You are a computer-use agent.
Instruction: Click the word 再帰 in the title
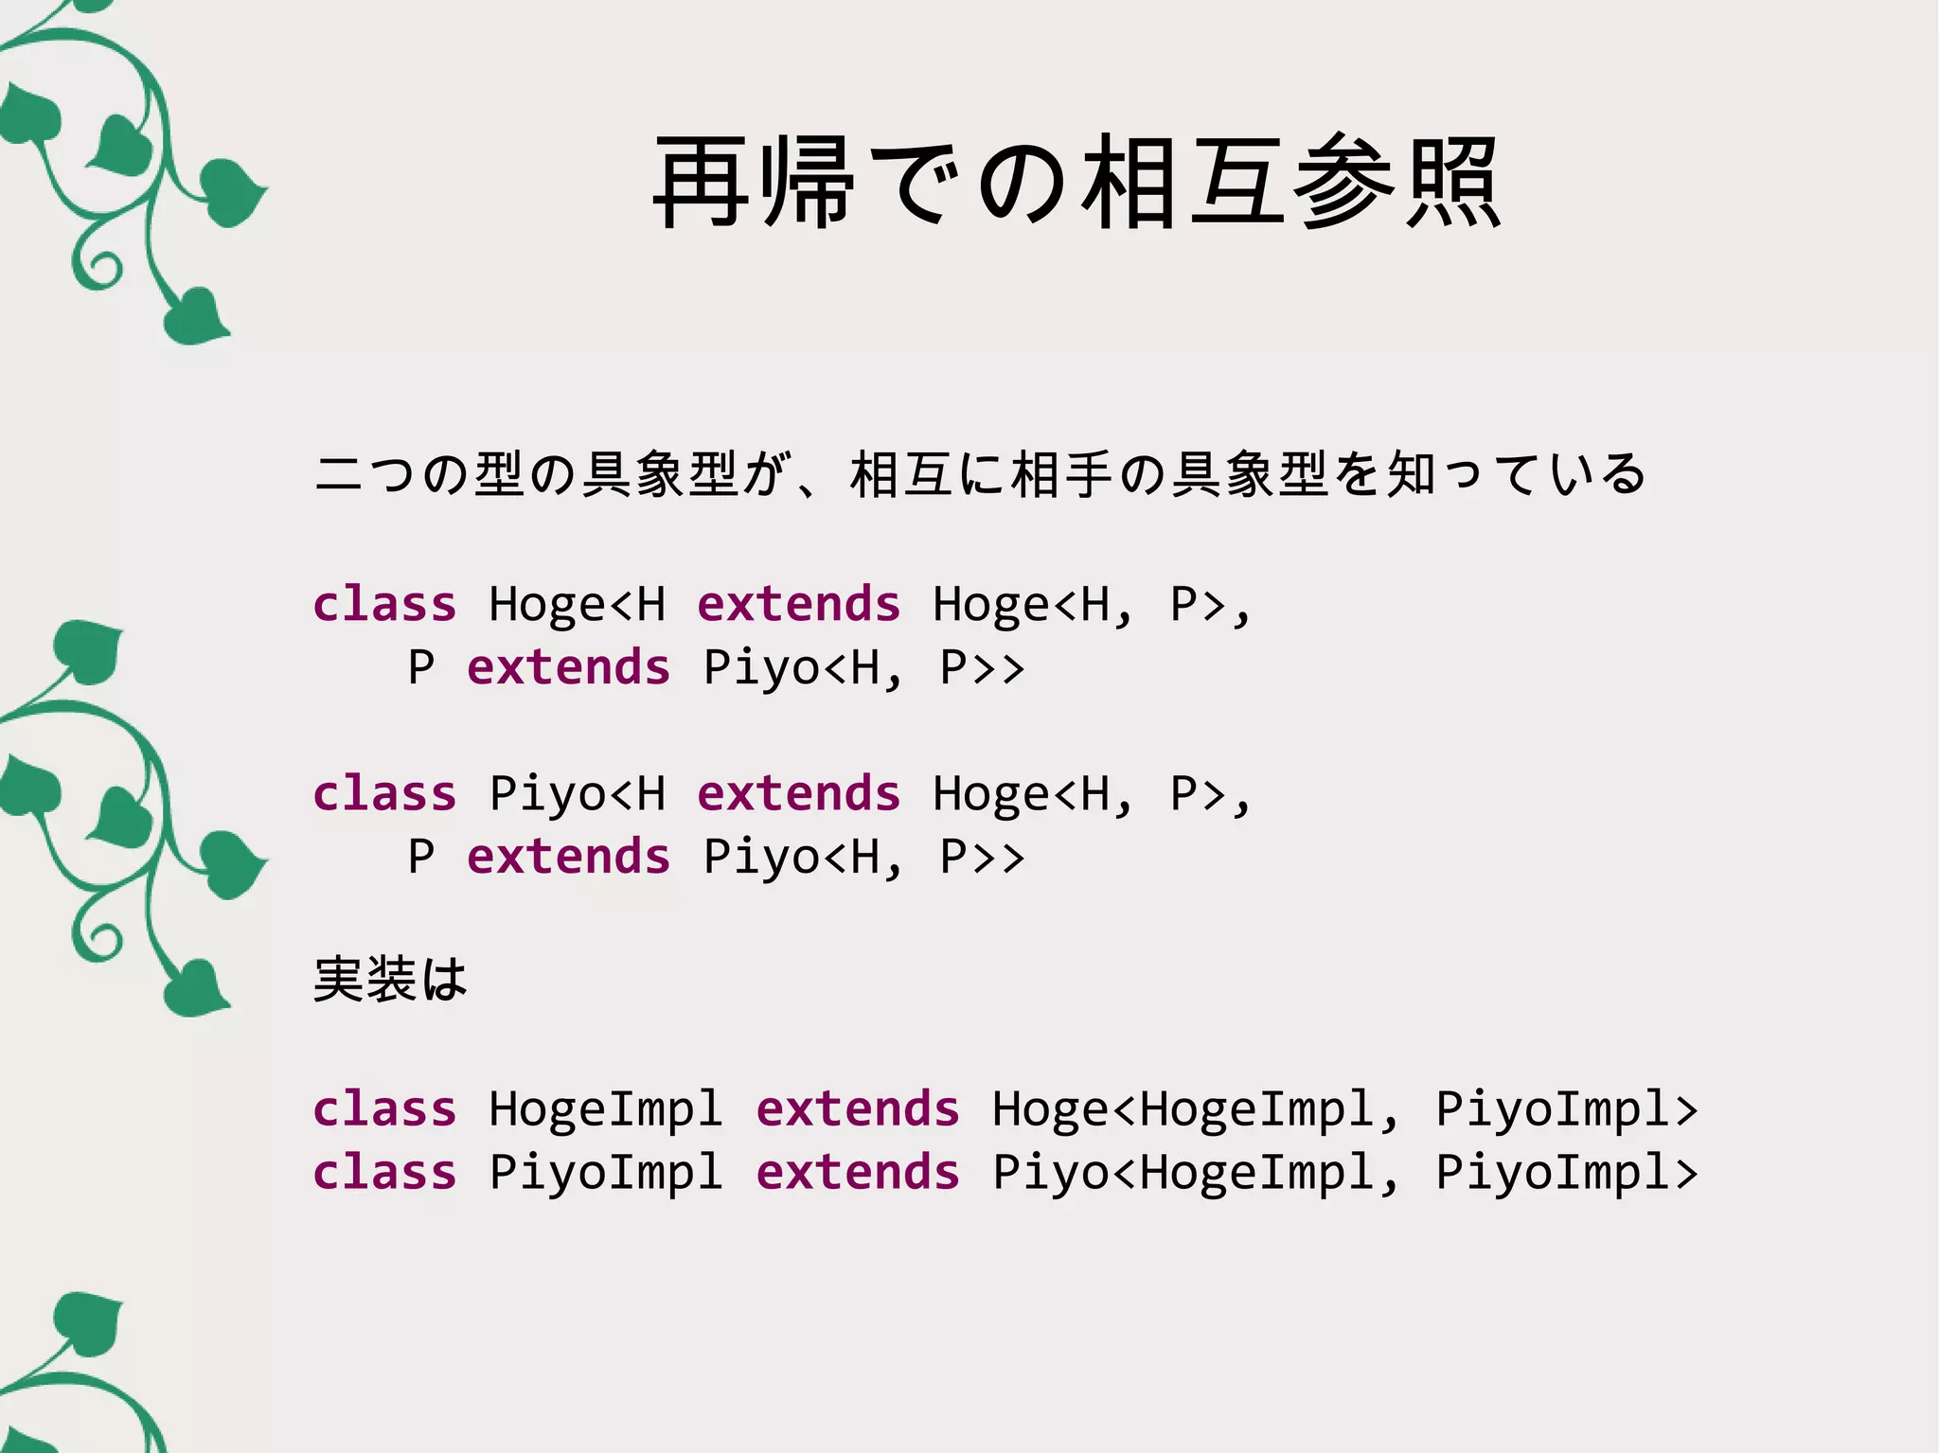pos(754,182)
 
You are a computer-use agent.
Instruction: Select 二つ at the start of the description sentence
pos(365,473)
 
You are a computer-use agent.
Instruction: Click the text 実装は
pos(390,979)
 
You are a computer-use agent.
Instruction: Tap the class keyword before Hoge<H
pos(384,604)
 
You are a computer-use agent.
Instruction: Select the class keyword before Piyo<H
pos(384,793)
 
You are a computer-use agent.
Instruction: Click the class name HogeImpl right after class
pos(606,1108)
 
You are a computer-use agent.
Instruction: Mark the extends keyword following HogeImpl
pos(858,1108)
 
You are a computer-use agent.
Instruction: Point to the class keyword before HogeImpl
pos(384,1108)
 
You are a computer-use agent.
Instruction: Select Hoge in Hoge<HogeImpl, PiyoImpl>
pos(1049,1108)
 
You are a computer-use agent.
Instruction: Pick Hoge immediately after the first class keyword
pos(546,604)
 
